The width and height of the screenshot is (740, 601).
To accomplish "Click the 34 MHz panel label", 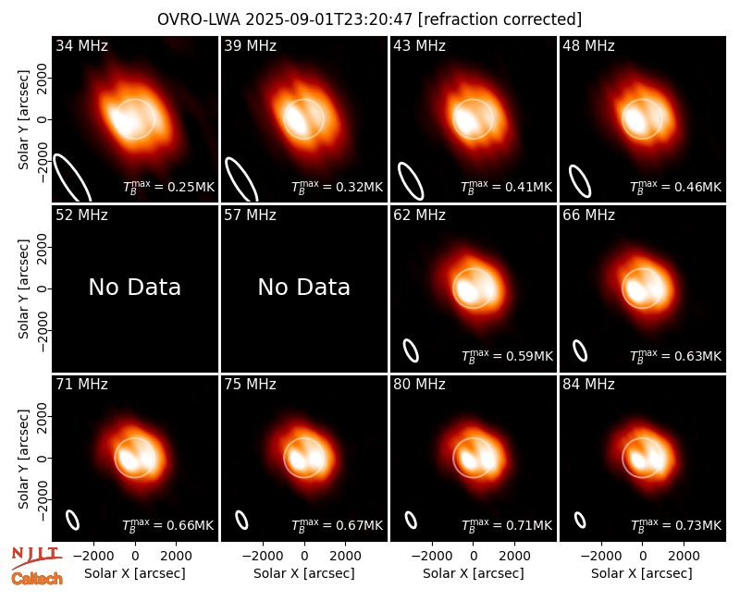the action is (x=81, y=45).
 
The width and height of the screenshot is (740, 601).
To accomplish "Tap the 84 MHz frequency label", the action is (x=588, y=385).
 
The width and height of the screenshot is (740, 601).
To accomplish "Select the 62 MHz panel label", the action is (x=419, y=215).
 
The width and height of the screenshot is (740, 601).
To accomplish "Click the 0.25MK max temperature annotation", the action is (x=168, y=187).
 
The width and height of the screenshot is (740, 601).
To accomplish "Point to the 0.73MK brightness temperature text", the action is (x=676, y=525).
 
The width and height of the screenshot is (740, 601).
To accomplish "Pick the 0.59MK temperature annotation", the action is (x=507, y=356).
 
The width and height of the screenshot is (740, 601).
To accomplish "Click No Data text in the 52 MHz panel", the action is (x=134, y=287).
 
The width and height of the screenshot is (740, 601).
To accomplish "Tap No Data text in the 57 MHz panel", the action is (x=304, y=287).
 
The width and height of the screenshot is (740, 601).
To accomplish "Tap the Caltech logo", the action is (x=37, y=579).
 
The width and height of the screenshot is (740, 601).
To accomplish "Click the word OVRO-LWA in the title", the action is (x=199, y=19).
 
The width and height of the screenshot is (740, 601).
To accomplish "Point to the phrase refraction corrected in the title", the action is (x=499, y=19).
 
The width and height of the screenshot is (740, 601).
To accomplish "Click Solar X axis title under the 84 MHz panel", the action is (x=642, y=573).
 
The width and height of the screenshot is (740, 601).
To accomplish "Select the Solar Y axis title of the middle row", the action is (x=23, y=288).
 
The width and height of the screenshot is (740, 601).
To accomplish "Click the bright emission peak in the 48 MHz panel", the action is (x=634, y=119).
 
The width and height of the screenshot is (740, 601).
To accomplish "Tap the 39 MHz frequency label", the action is (x=250, y=45).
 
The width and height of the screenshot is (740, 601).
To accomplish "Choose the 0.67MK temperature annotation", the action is (x=337, y=525).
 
